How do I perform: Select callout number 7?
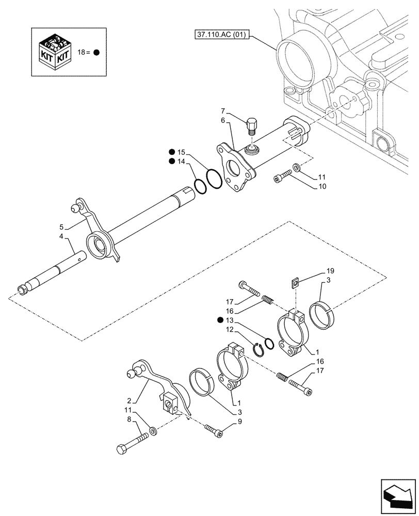click(222, 111)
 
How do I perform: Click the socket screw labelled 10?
click(281, 179)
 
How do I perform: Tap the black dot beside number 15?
click(171, 152)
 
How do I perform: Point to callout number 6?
click(222, 120)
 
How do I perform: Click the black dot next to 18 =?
click(96, 53)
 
